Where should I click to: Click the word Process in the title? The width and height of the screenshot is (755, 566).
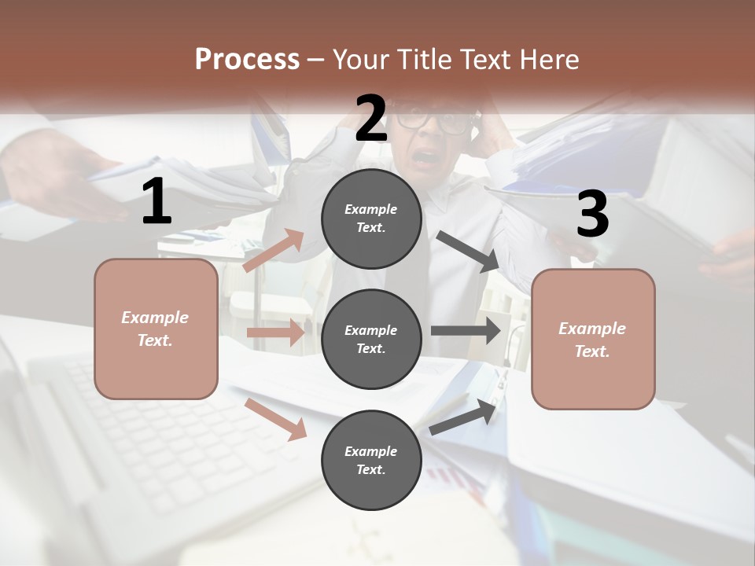[x=247, y=60]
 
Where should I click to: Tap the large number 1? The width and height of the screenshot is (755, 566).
[x=156, y=202]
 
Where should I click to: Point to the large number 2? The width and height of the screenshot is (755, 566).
[x=371, y=119]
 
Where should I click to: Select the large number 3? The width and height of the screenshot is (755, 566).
[x=592, y=215]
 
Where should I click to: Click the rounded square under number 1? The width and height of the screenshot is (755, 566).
[x=156, y=329]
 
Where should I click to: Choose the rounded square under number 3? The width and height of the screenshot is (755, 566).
[x=593, y=339]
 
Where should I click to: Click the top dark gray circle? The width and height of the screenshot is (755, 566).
[x=371, y=219]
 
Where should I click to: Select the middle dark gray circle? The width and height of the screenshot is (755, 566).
[x=371, y=339]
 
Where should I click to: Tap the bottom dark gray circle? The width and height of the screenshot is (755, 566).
[x=371, y=460]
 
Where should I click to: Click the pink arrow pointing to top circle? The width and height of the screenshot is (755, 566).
[x=274, y=251]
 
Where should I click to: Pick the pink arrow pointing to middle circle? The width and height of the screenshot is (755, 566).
[x=276, y=333]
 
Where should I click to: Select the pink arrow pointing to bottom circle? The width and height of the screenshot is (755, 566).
[x=276, y=419]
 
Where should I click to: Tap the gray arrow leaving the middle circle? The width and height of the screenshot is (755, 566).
[x=466, y=330]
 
